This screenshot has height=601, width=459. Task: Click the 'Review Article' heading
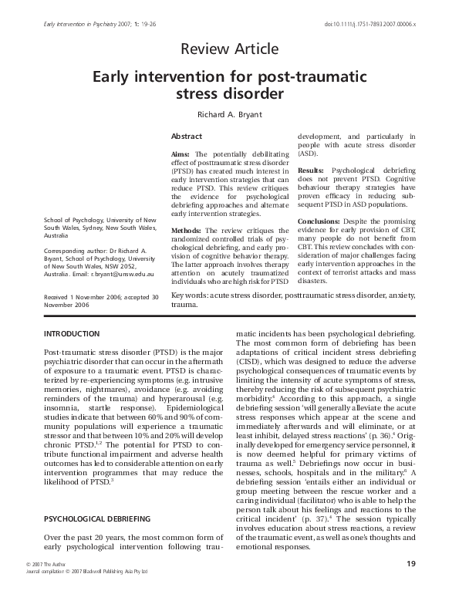point(228,50)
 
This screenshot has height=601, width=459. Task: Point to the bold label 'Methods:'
point(186,231)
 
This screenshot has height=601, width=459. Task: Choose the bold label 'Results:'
point(311,169)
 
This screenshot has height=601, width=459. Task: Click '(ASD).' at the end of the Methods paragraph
point(309,154)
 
